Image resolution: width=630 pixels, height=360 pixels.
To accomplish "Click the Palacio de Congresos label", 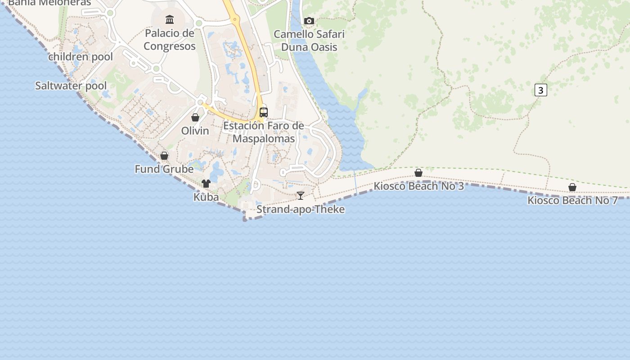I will tap(169, 40).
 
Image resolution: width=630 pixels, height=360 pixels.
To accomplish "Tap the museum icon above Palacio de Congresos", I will tap(170, 19).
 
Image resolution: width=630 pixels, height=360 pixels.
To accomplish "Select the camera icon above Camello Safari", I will tap(309, 21).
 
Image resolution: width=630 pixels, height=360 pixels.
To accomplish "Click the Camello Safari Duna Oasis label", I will tap(309, 40).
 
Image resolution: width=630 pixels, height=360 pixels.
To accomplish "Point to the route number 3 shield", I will tap(540, 90).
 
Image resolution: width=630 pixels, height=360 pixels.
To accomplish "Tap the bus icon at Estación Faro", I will tap(264, 112).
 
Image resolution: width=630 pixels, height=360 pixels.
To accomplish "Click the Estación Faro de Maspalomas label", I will tap(264, 132).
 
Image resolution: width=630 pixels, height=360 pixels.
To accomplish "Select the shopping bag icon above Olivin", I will tap(195, 117).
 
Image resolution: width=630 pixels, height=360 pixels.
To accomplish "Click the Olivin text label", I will tap(195, 131).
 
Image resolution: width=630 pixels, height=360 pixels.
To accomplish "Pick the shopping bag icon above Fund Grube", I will tap(164, 156).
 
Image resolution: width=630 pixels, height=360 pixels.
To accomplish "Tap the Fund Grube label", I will tap(164, 169).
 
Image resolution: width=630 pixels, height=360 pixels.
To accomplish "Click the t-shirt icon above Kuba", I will tap(206, 183).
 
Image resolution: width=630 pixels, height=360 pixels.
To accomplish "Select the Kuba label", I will tap(206, 197).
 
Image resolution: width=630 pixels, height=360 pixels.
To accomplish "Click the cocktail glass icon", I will tap(301, 195).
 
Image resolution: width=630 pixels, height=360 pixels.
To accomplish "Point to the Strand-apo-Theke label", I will tap(301, 209).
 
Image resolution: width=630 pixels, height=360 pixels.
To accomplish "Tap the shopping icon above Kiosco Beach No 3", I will tap(418, 173).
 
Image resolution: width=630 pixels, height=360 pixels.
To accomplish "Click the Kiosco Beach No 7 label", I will tap(572, 201).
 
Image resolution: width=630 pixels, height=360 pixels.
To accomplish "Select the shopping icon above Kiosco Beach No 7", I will tap(572, 187).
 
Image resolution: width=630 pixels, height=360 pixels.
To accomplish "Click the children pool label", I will tap(81, 57).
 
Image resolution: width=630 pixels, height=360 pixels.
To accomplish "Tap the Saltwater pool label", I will tap(71, 85).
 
